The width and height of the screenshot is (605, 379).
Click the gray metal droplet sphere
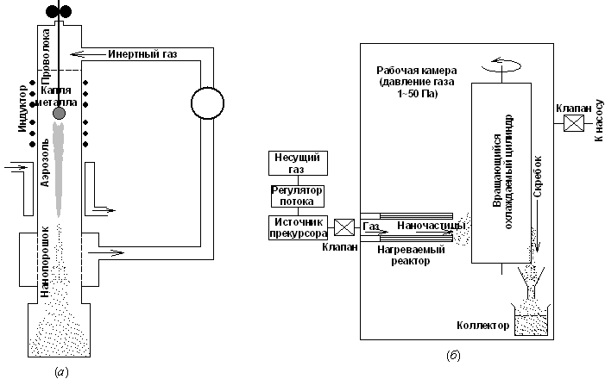click(59, 113)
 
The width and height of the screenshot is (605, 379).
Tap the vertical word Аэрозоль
click(45, 168)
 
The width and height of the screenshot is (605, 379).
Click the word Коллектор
click(486, 326)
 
